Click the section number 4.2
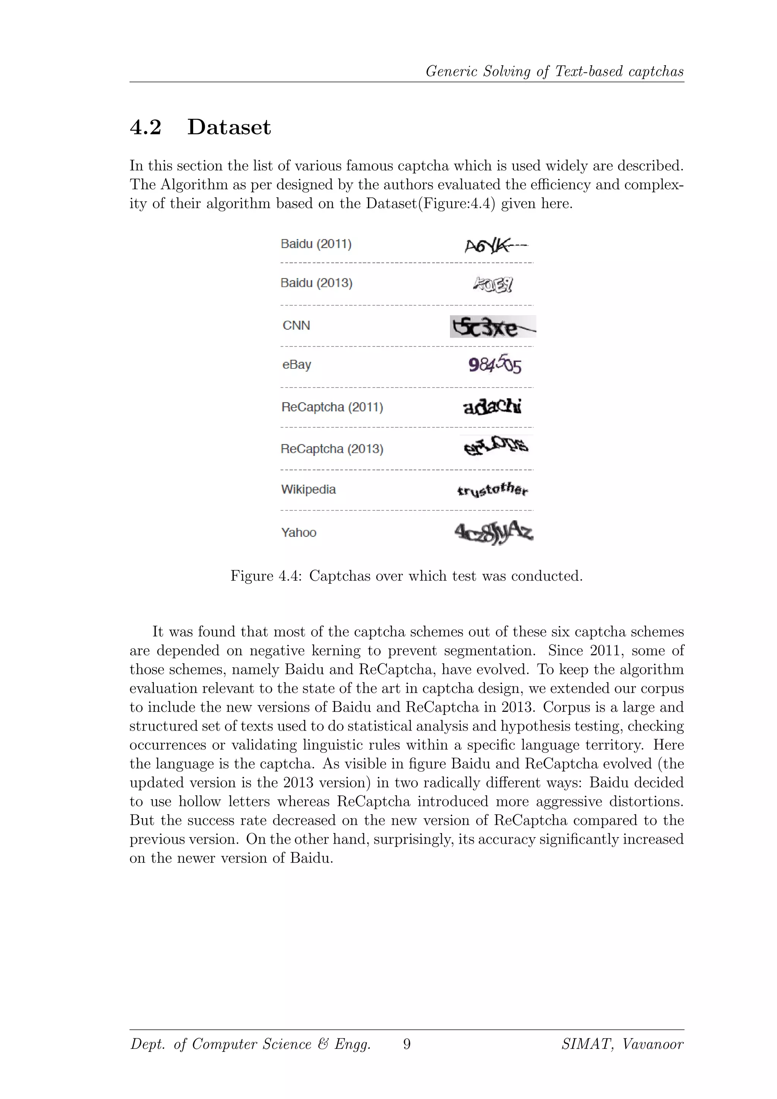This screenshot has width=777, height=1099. [x=145, y=128]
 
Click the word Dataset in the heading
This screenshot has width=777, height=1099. [x=229, y=128]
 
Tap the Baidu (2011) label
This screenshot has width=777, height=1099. [x=316, y=244]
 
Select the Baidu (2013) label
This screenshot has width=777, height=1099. [x=316, y=283]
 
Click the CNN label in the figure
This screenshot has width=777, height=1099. [x=296, y=326]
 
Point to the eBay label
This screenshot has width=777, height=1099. [x=297, y=365]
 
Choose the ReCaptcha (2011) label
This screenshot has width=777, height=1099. [x=332, y=407]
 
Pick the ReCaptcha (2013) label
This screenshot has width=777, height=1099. [x=332, y=449]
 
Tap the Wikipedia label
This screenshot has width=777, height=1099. [x=308, y=490]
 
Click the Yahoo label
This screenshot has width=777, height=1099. [x=299, y=533]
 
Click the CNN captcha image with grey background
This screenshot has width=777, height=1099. [x=493, y=327]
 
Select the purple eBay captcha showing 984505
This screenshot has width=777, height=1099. [x=495, y=365]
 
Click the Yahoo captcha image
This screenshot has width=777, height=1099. [x=493, y=533]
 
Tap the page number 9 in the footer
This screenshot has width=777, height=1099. [x=407, y=1044]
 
